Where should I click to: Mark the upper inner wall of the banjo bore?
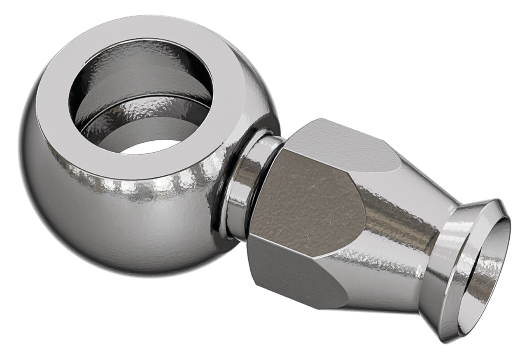coord(140,62)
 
